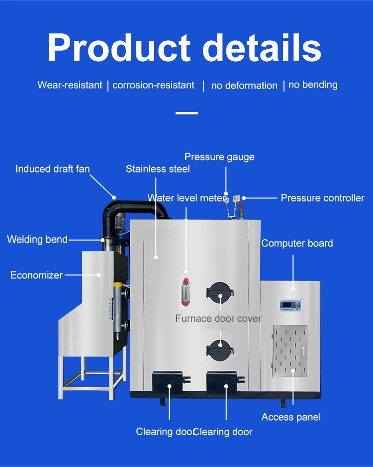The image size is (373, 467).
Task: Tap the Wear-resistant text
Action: click(x=70, y=85)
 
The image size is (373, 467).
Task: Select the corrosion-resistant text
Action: click(x=153, y=85)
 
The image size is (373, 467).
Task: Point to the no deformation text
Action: click(x=244, y=86)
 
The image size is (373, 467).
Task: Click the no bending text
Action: click(x=313, y=85)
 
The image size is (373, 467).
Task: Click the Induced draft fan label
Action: click(x=53, y=169)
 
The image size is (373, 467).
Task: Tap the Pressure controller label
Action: click(x=322, y=198)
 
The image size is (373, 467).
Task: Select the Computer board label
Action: click(x=297, y=243)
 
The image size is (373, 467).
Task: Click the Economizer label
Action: click(x=37, y=275)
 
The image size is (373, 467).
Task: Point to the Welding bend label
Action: click(x=37, y=239)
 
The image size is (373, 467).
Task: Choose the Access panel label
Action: click(x=291, y=417)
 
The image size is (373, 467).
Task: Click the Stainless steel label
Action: click(x=158, y=169)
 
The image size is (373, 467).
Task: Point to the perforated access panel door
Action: click(x=290, y=350)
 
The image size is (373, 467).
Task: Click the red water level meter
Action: click(x=186, y=289)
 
